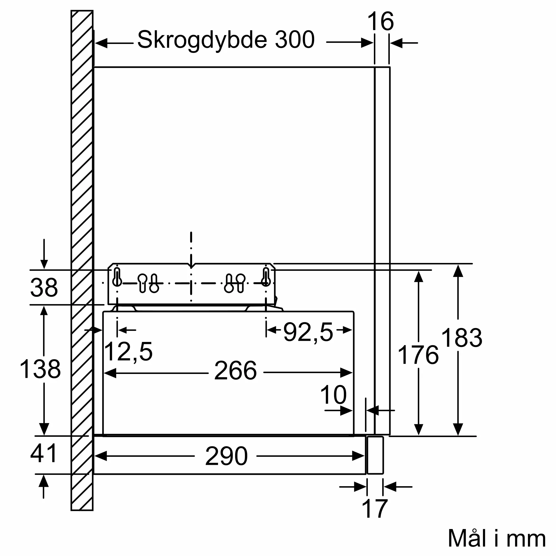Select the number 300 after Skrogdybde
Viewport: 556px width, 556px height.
click(x=294, y=39)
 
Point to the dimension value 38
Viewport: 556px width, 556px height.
click(x=44, y=287)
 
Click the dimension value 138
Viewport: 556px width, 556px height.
click(x=40, y=369)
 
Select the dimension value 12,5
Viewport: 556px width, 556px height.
click(x=128, y=352)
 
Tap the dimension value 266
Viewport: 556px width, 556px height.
click(x=235, y=371)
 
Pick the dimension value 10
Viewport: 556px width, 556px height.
click(x=333, y=395)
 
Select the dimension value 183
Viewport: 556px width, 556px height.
click(x=461, y=338)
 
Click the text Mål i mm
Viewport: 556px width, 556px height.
click(x=497, y=538)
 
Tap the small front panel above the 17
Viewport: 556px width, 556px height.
click(x=375, y=455)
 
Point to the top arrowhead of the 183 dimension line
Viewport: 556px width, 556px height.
click(x=458, y=271)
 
